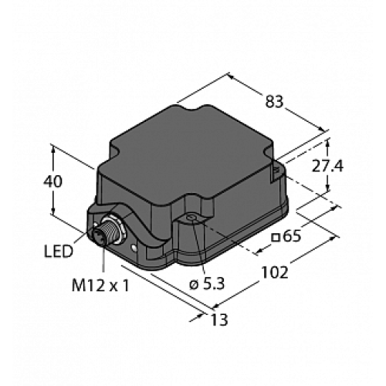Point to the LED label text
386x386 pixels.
(59, 251)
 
